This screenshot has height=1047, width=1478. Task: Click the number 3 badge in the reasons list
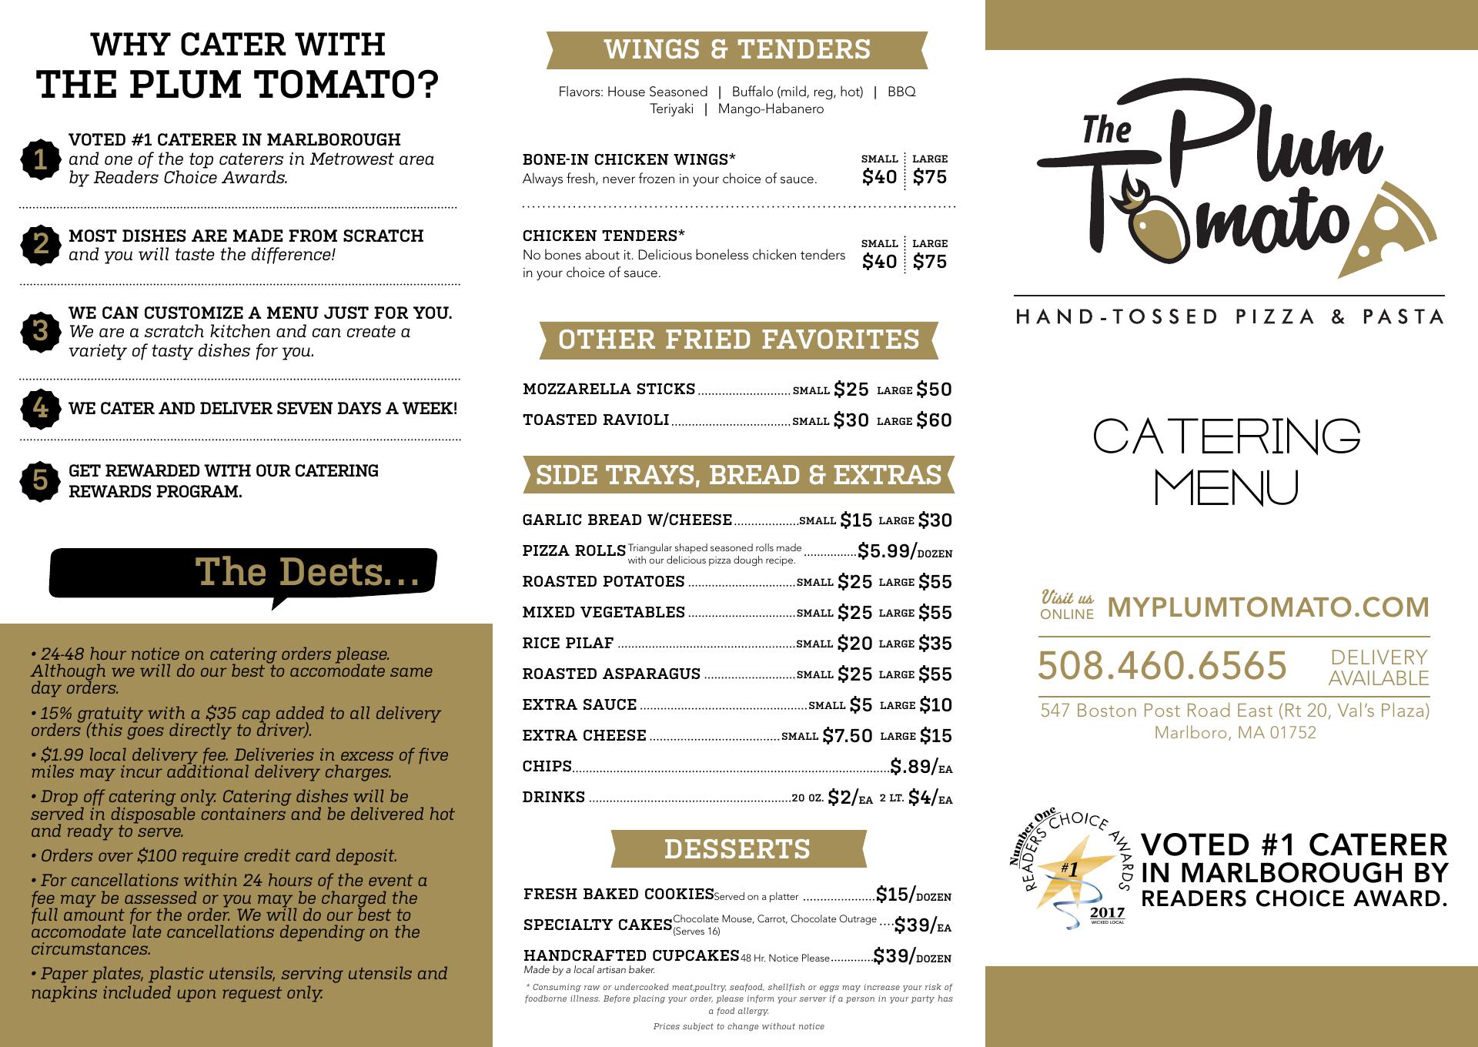pyautogui.click(x=41, y=331)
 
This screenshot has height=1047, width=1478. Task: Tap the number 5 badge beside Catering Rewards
pyautogui.click(x=41, y=480)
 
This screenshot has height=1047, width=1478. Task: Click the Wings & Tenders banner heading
pyautogui.click(x=737, y=49)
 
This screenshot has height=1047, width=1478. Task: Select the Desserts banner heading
pyautogui.click(x=737, y=848)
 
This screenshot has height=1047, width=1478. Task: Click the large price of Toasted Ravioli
pyautogui.click(x=934, y=420)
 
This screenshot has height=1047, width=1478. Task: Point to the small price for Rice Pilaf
pyautogui.click(x=854, y=644)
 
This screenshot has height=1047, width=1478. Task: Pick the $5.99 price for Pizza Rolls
pyautogui.click(x=887, y=551)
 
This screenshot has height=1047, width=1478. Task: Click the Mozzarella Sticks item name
pyautogui.click(x=609, y=390)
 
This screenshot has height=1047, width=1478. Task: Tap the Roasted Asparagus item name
pyautogui.click(x=611, y=674)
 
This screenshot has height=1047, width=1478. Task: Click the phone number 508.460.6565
pyautogui.click(x=1162, y=666)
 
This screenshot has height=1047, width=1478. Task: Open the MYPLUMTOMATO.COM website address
pyautogui.click(x=1268, y=607)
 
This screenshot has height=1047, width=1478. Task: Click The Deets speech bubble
pyautogui.click(x=243, y=573)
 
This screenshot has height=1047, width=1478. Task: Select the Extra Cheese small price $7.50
pyautogui.click(x=847, y=736)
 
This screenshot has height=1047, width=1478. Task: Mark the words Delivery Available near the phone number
pyautogui.click(x=1378, y=667)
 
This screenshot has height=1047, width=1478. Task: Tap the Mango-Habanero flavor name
pyautogui.click(x=771, y=109)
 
